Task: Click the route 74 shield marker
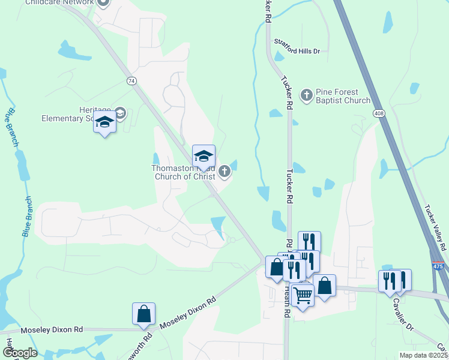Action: pyautogui.click(x=130, y=80)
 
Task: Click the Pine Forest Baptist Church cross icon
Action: pyautogui.click(x=307, y=95)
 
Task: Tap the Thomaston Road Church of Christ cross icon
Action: pyautogui.click(x=224, y=172)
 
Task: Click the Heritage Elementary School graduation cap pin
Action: pyautogui.click(x=104, y=123)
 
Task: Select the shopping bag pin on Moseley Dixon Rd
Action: pyautogui.click(x=143, y=314)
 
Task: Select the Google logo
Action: pyautogui.click(x=19, y=353)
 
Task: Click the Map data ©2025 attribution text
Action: pyautogui.click(x=423, y=355)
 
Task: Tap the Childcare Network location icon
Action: pyautogui.click(x=103, y=3)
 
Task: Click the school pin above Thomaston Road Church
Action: pyautogui.click(x=203, y=156)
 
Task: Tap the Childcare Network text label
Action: pyautogui.click(x=59, y=2)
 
